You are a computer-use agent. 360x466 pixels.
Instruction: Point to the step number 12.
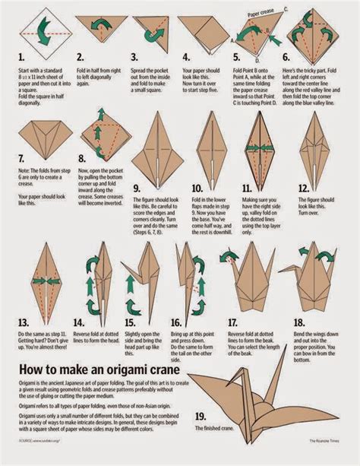click(304, 188)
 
